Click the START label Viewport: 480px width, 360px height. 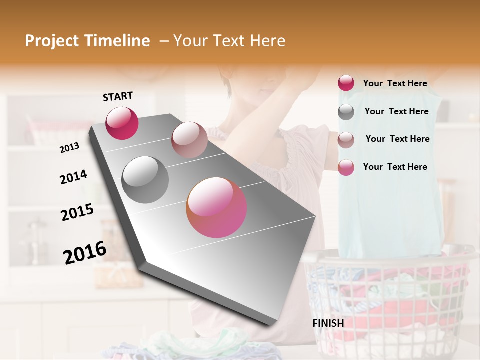(x=118, y=96)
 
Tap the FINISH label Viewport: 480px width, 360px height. (x=328, y=323)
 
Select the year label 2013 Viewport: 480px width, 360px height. (x=70, y=148)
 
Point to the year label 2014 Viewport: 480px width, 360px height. (x=73, y=177)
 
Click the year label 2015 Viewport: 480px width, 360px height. (x=77, y=213)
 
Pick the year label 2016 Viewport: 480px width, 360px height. (x=85, y=253)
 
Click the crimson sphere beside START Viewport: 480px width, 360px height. (x=122, y=123)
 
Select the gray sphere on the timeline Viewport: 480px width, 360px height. (x=145, y=179)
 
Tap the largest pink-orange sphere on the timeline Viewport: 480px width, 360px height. (x=216, y=207)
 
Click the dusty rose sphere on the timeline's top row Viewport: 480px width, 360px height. (x=189, y=140)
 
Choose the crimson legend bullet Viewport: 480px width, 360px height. (x=346, y=83)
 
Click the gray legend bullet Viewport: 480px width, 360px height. (x=346, y=112)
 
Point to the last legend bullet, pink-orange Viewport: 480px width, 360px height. (x=346, y=167)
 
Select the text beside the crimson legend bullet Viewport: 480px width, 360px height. (x=395, y=83)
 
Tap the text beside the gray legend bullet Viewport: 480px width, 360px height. (x=396, y=111)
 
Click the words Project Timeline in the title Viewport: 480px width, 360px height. (x=87, y=41)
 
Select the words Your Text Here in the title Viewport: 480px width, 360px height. (x=229, y=41)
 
